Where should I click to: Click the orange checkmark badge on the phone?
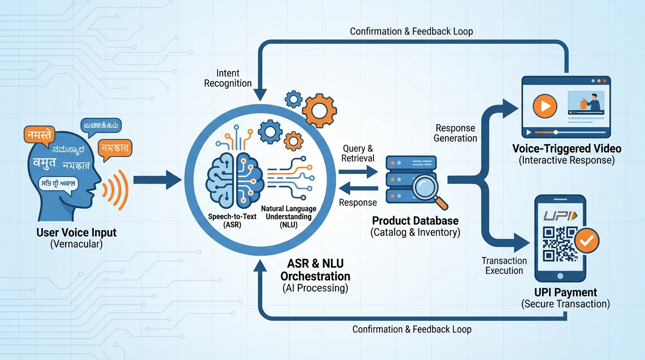586,241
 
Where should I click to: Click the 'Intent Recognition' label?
228,78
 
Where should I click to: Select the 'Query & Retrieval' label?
358,153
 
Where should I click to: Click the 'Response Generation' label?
455,133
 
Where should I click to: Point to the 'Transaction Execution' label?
504,265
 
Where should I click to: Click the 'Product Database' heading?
415,221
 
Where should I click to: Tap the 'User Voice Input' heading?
76,232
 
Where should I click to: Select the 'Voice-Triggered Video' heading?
567,149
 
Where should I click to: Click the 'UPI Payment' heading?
566,292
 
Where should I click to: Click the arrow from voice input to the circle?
157,180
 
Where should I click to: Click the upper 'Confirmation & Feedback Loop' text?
411,31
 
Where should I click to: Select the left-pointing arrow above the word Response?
359,188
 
